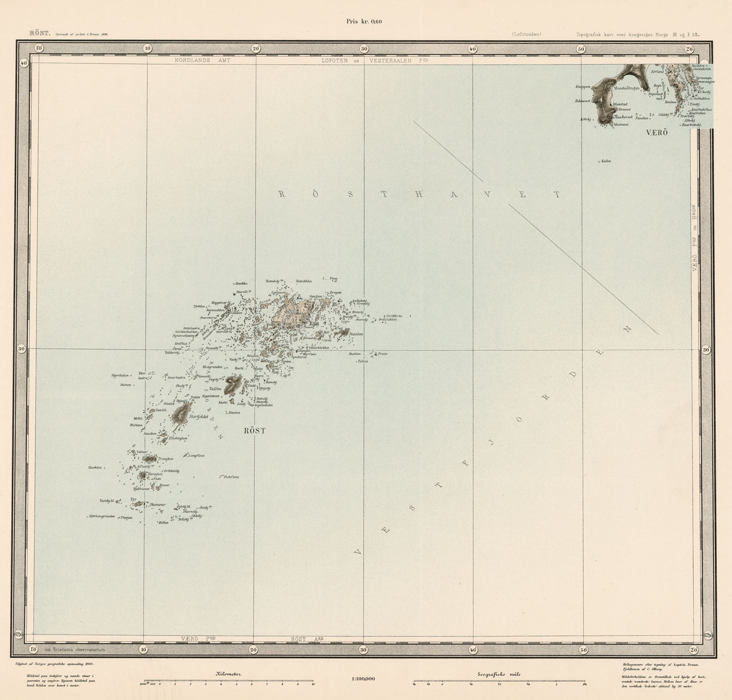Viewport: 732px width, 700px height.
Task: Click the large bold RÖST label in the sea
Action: tap(254, 431)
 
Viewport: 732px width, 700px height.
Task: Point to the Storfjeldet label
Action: tap(199, 417)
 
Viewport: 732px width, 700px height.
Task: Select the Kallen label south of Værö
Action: tap(606, 161)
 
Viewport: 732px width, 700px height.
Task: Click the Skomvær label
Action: tap(158, 504)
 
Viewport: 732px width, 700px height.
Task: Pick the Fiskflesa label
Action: tap(230, 476)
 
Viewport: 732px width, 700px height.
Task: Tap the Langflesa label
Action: tap(196, 456)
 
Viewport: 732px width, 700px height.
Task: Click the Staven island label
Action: tap(356, 334)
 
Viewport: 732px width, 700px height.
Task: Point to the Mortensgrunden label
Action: tap(101, 517)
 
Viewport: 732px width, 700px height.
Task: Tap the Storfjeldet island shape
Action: tap(180, 413)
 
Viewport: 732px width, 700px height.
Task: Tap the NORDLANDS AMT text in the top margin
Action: tap(202, 60)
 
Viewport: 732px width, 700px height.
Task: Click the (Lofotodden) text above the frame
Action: tap(526, 34)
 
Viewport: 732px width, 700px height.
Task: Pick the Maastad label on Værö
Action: tap(620, 104)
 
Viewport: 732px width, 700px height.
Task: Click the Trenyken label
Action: tap(165, 459)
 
